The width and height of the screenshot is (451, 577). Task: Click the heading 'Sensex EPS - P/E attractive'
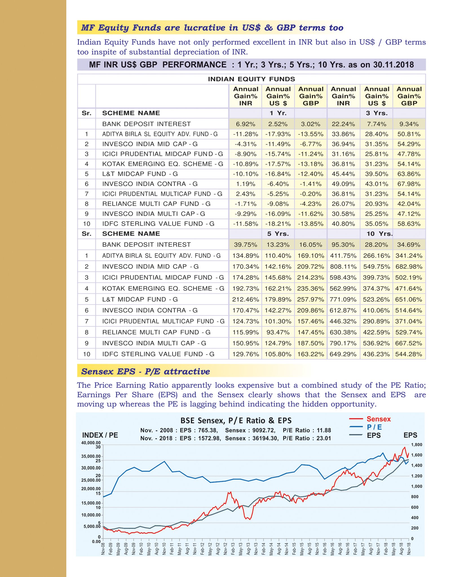[145, 371]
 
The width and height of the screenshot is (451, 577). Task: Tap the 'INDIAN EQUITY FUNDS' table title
[251, 79]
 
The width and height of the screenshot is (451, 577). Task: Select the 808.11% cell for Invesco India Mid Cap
[343, 266]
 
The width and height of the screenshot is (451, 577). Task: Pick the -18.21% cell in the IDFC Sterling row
[278, 224]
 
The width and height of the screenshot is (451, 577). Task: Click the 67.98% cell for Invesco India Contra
[409, 184]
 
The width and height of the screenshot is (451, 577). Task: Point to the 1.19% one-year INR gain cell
[246, 184]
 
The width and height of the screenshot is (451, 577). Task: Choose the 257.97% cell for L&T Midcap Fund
[311, 299]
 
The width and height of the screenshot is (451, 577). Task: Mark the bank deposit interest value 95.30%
[343, 245]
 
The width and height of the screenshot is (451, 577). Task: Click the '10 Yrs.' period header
[379, 234]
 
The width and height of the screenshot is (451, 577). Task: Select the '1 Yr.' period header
[278, 113]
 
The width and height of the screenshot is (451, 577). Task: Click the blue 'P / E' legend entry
[374, 427]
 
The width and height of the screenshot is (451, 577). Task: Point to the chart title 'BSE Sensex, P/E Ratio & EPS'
[236, 421]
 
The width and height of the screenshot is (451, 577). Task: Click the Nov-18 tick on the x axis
[409, 548]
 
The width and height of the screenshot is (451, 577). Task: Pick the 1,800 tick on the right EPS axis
[417, 445]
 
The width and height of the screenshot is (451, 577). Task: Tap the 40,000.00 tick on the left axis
[91, 443]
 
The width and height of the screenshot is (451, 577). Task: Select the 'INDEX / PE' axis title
[100, 435]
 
